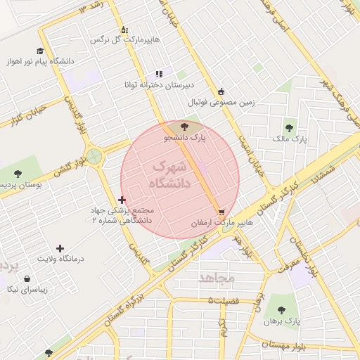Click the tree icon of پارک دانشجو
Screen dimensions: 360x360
pyautogui.click(x=184, y=127)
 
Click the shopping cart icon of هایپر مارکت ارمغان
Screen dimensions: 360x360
pyautogui.click(x=222, y=211)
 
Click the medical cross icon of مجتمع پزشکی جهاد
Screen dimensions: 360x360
pyautogui.click(x=123, y=200)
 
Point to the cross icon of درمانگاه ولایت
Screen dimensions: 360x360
pyautogui.click(x=60, y=248)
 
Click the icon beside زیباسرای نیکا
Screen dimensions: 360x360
pyautogui.click(x=27, y=279)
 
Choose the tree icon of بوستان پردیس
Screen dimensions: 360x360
pyautogui.click(x=18, y=173)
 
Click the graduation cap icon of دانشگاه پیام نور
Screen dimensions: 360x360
pyautogui.click(x=40, y=51)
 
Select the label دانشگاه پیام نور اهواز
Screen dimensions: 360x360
pyautogui.click(x=49, y=61)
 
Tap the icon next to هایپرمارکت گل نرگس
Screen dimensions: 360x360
pyautogui.click(x=124, y=30)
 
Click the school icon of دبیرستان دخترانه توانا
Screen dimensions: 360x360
pyautogui.click(x=160, y=72)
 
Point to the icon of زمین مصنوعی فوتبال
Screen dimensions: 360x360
pyautogui.click(x=221, y=91)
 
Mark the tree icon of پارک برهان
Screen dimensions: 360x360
pyautogui.click(x=280, y=309)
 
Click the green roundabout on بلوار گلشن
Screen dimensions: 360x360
pyautogui.click(x=94, y=155)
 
